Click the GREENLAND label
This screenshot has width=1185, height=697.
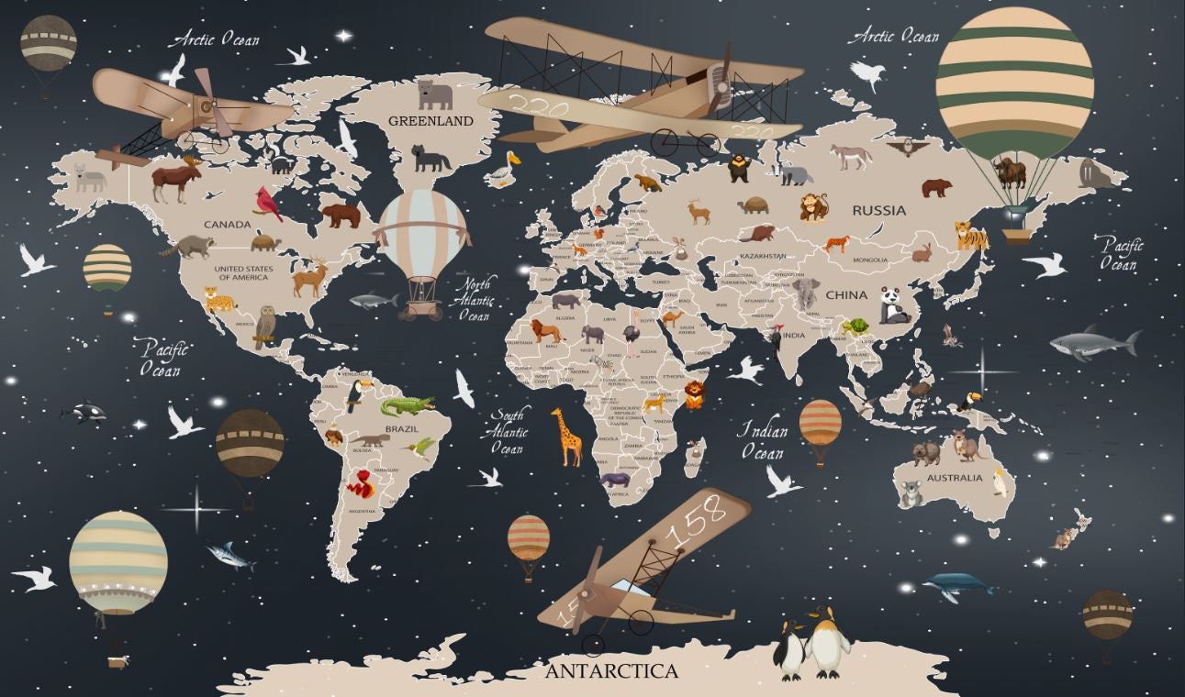tap(430, 121)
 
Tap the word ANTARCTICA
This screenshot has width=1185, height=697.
tap(611, 671)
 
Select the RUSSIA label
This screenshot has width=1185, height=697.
tap(878, 210)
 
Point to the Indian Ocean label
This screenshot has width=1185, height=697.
tap(763, 440)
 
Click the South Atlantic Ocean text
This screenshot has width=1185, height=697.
tap(508, 431)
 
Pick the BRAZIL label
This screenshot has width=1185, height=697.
tap(401, 428)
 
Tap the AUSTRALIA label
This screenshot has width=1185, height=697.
tap(954, 478)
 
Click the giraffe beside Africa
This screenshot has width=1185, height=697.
tap(566, 437)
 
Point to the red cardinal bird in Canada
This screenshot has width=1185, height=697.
tap(268, 204)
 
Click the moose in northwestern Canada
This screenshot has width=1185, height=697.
tap(175, 178)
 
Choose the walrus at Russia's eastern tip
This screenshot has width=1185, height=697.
tap(1096, 172)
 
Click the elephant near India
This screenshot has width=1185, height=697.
tap(806, 293)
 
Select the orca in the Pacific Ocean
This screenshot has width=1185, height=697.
tap(85, 413)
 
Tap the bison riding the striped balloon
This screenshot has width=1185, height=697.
tap(1010, 171)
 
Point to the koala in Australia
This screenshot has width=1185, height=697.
tap(910, 493)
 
